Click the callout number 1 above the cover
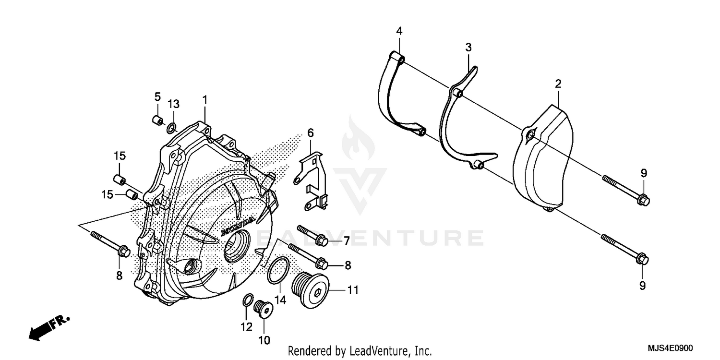pos(204,100)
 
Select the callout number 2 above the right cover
pos(558,84)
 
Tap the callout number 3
pos(468,47)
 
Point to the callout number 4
pos(399,31)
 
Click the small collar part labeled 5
pos(157,120)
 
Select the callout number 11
pos(353,290)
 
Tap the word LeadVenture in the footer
pos(377,351)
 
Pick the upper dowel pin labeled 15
pos(120,180)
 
